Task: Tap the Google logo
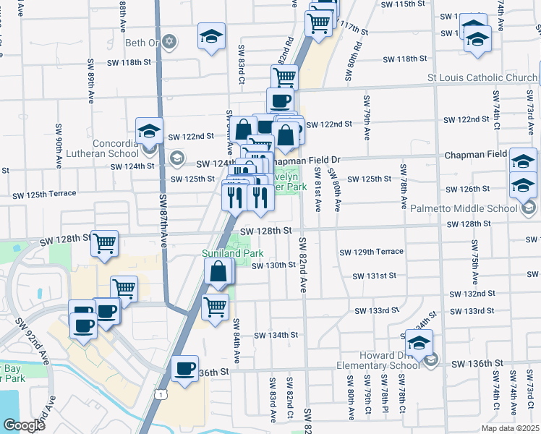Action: pos(24,425)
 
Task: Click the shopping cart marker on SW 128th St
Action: pos(105,243)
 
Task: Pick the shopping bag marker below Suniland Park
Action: pos(218,273)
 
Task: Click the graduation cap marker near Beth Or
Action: pos(211,37)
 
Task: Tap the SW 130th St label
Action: pos(273,265)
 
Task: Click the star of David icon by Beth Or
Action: pos(169,42)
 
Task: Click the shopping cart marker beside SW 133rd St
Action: pos(215,307)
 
